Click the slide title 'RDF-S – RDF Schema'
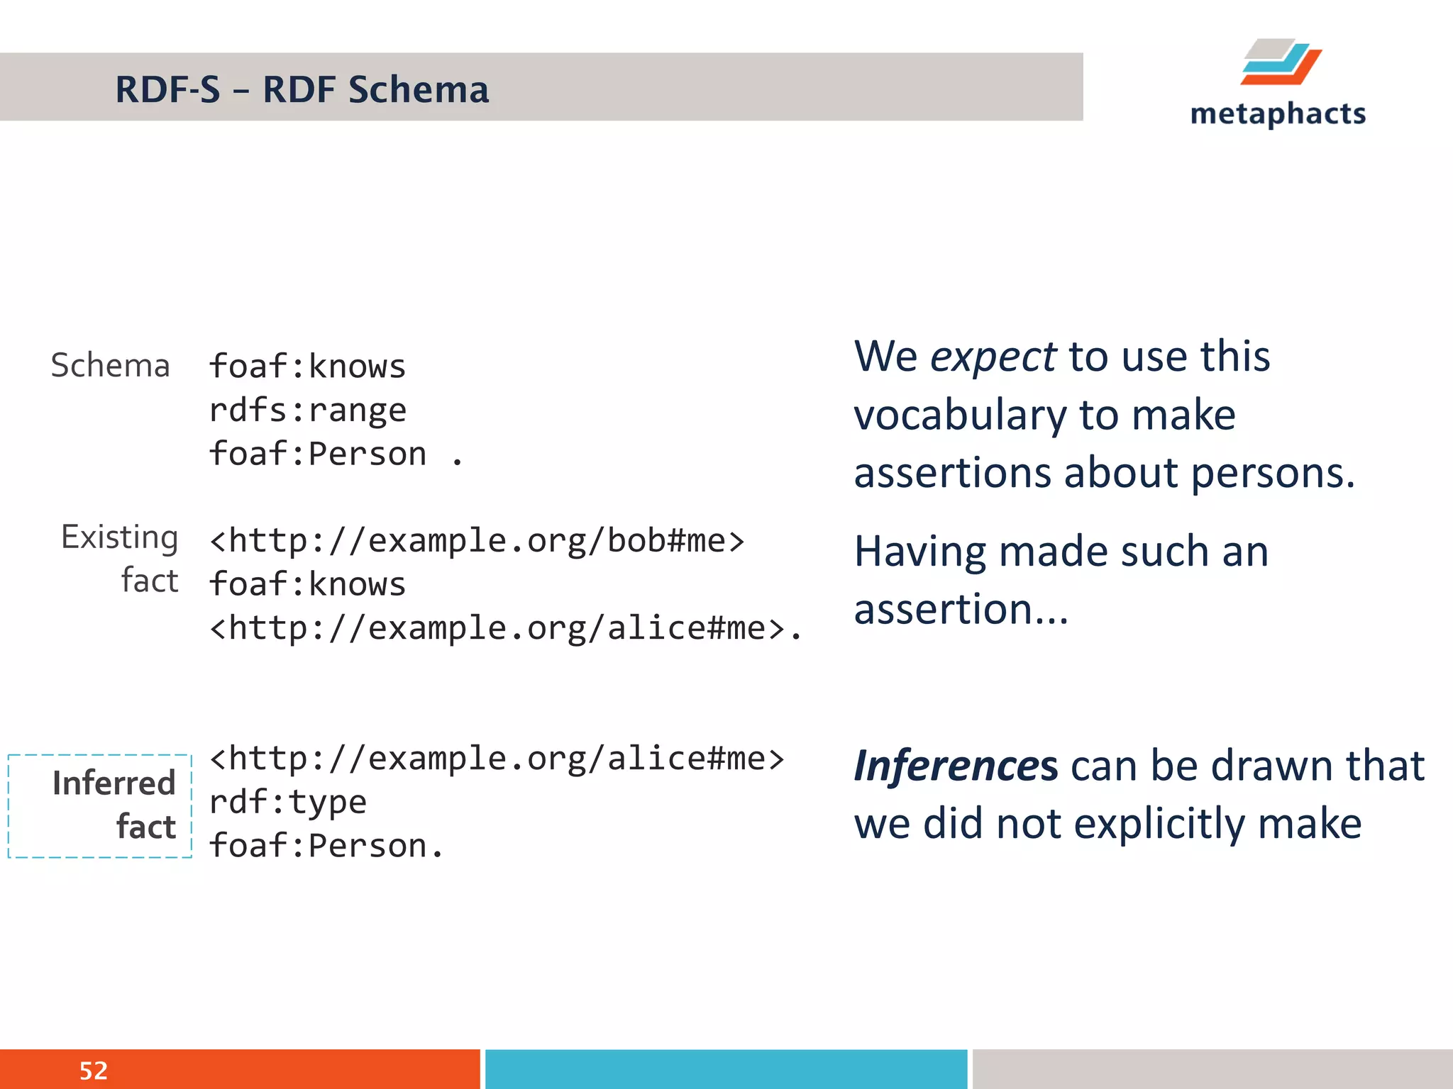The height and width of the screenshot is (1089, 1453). coord(302,90)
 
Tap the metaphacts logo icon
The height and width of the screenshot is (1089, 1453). coord(1281,62)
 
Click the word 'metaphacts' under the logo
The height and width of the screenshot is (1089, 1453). coord(1278,114)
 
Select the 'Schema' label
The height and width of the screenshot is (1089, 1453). coord(111,366)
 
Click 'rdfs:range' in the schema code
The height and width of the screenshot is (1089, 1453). coord(308,411)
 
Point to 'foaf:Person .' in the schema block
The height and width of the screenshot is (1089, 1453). coord(335,454)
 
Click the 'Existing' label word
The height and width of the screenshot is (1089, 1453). coord(119,537)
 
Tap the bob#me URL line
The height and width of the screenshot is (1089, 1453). coord(477,541)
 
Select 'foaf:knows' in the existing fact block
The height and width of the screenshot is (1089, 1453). coord(308,585)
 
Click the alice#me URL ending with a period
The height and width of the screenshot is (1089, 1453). coord(505,628)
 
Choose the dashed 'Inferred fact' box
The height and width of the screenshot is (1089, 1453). coord(100,806)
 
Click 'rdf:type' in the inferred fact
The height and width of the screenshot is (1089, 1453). coord(288,803)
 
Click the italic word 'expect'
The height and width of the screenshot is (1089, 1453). coord(993,357)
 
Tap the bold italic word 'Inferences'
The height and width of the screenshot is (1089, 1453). coord(956,766)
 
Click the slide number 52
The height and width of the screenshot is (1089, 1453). coord(93,1071)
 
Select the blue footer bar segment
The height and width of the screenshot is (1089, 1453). coord(726,1069)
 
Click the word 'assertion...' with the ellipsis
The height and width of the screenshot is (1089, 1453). coord(961,609)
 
